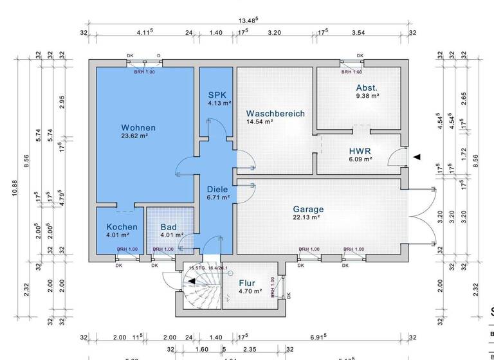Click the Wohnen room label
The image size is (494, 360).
[138, 128]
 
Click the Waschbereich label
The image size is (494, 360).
[275, 114]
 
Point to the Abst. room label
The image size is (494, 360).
[367, 87]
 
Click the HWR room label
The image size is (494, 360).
[360, 152]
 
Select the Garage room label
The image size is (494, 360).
[308, 209]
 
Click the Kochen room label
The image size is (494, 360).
[122, 227]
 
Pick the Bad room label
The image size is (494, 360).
[169, 227]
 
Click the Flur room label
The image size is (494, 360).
[247, 283]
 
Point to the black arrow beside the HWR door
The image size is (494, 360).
[417, 157]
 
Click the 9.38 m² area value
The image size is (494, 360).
[367, 96]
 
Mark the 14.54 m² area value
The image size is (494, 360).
[260, 122]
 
